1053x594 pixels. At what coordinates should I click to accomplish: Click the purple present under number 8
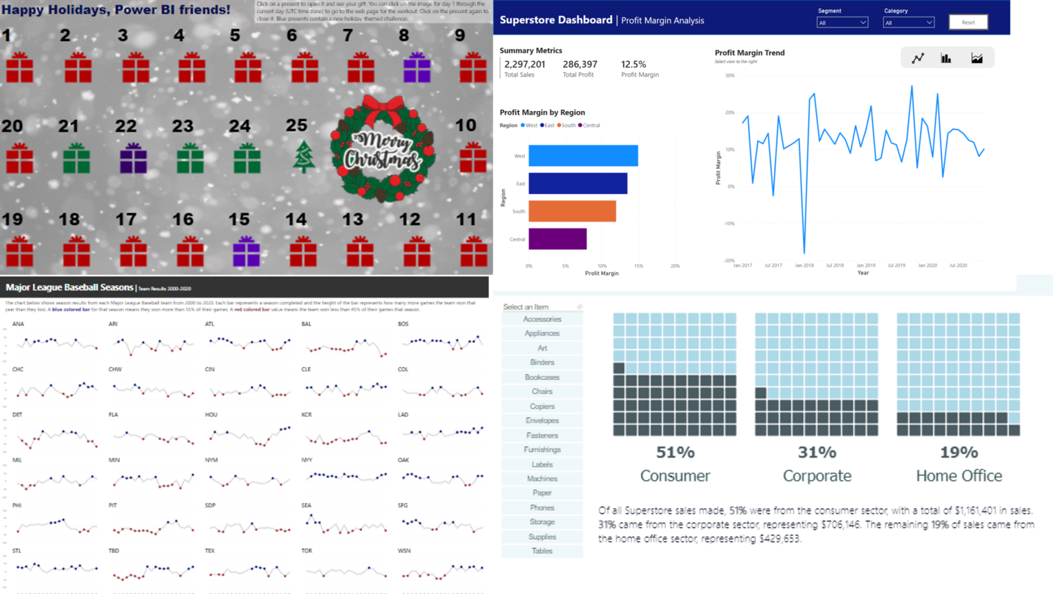coord(417,68)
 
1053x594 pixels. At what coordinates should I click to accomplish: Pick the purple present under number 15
coord(246,251)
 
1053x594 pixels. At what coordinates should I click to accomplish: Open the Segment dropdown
coord(843,23)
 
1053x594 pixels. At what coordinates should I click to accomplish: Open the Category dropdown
coord(908,23)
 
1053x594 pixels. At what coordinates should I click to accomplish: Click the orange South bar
coord(572,211)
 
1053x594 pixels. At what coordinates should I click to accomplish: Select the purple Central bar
coord(557,239)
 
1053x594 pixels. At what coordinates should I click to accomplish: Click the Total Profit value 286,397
coord(580,64)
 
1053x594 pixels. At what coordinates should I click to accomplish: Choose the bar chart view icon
coord(946,58)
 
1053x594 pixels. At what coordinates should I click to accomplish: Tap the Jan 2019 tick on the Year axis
coord(865,265)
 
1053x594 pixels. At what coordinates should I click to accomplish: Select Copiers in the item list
coord(542,406)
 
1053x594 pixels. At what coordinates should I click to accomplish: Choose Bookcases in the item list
coord(542,377)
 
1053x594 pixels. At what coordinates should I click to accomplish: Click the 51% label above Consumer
coord(675,453)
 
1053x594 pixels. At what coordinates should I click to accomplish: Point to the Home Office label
coord(958,475)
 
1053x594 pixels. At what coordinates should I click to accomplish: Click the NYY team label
coord(306,460)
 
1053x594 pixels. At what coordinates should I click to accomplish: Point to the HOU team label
coord(210,414)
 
